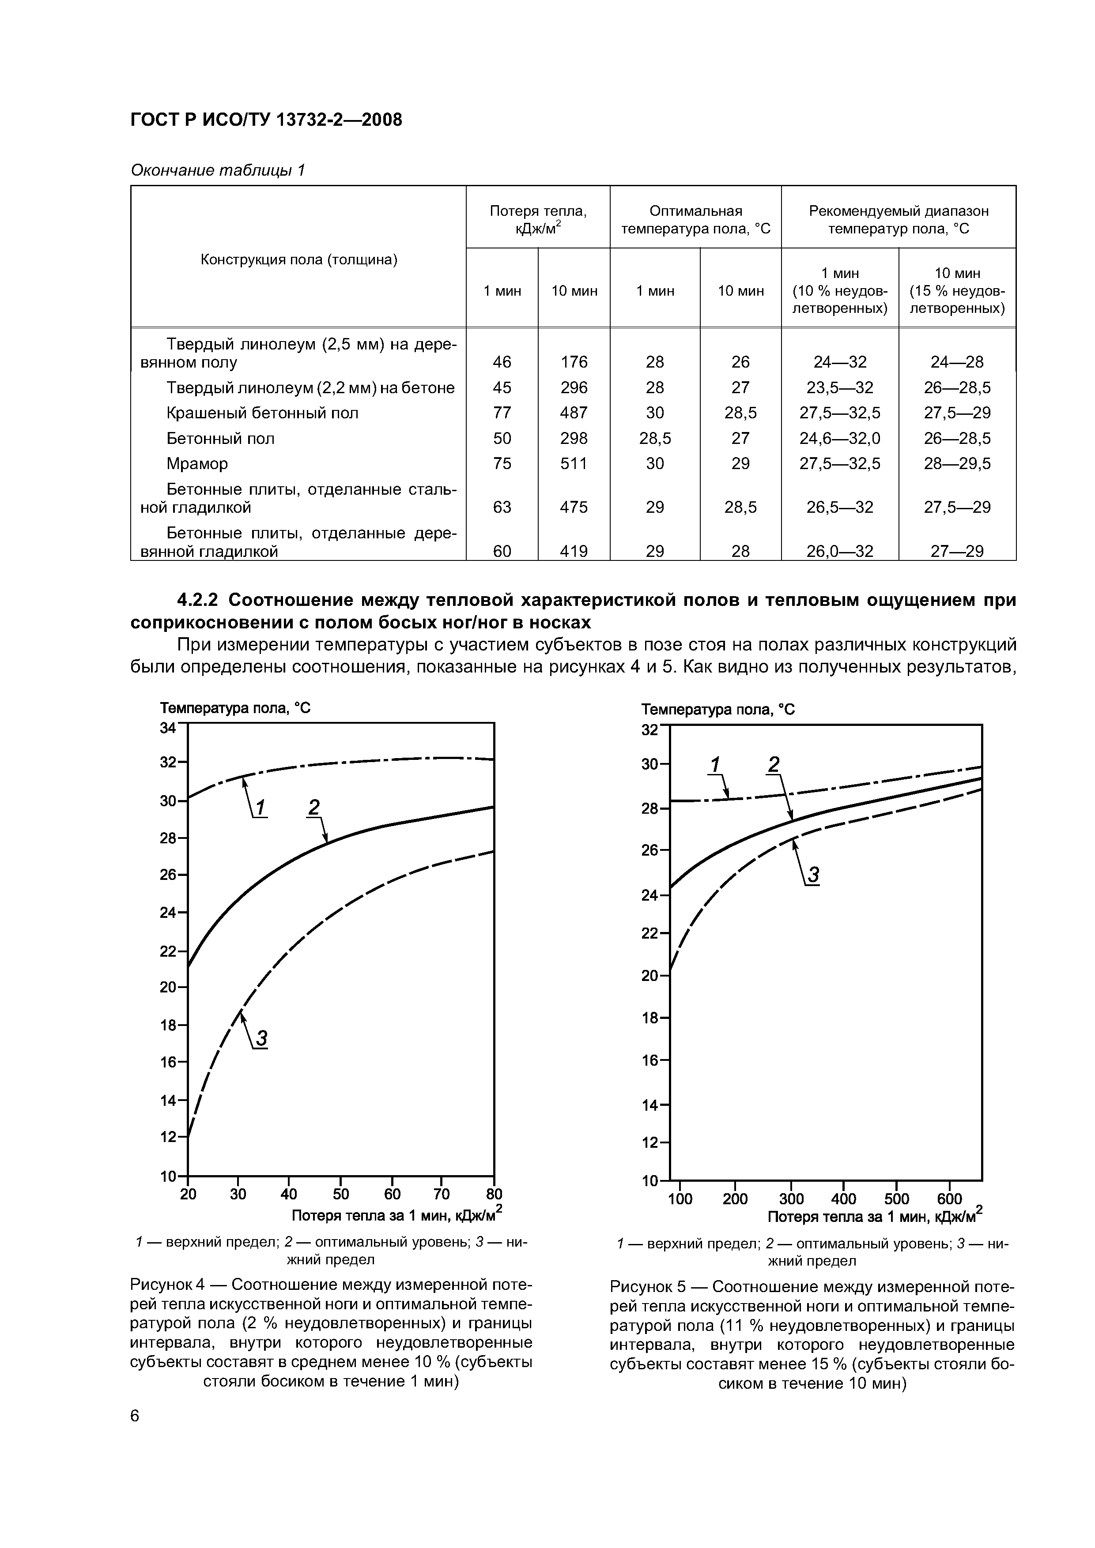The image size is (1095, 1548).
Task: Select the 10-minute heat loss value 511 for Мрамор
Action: point(574,464)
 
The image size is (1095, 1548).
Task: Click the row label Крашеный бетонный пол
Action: point(262,413)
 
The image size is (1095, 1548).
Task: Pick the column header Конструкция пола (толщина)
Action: point(299,259)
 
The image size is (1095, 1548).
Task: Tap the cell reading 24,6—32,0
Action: point(839,438)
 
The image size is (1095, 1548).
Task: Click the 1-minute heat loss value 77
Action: point(502,413)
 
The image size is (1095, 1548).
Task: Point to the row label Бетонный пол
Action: point(221,438)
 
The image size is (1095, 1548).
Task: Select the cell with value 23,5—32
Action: point(839,388)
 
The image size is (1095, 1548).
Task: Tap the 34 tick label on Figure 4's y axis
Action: point(167,728)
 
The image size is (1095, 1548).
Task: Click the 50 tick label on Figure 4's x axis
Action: point(341,1194)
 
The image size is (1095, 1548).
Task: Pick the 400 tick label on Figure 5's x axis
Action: point(843,1199)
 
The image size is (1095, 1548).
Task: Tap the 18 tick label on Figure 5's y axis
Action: point(649,1018)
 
